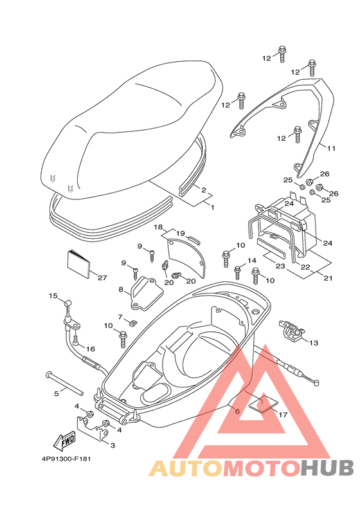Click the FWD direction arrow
(x=65, y=441)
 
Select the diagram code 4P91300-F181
(x=66, y=459)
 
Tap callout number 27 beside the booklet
(x=102, y=278)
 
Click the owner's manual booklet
(x=78, y=264)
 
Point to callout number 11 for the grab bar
(x=331, y=149)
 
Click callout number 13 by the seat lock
(x=314, y=343)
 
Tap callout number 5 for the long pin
(x=57, y=393)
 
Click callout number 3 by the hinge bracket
(x=113, y=445)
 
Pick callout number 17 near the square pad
(x=283, y=414)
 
